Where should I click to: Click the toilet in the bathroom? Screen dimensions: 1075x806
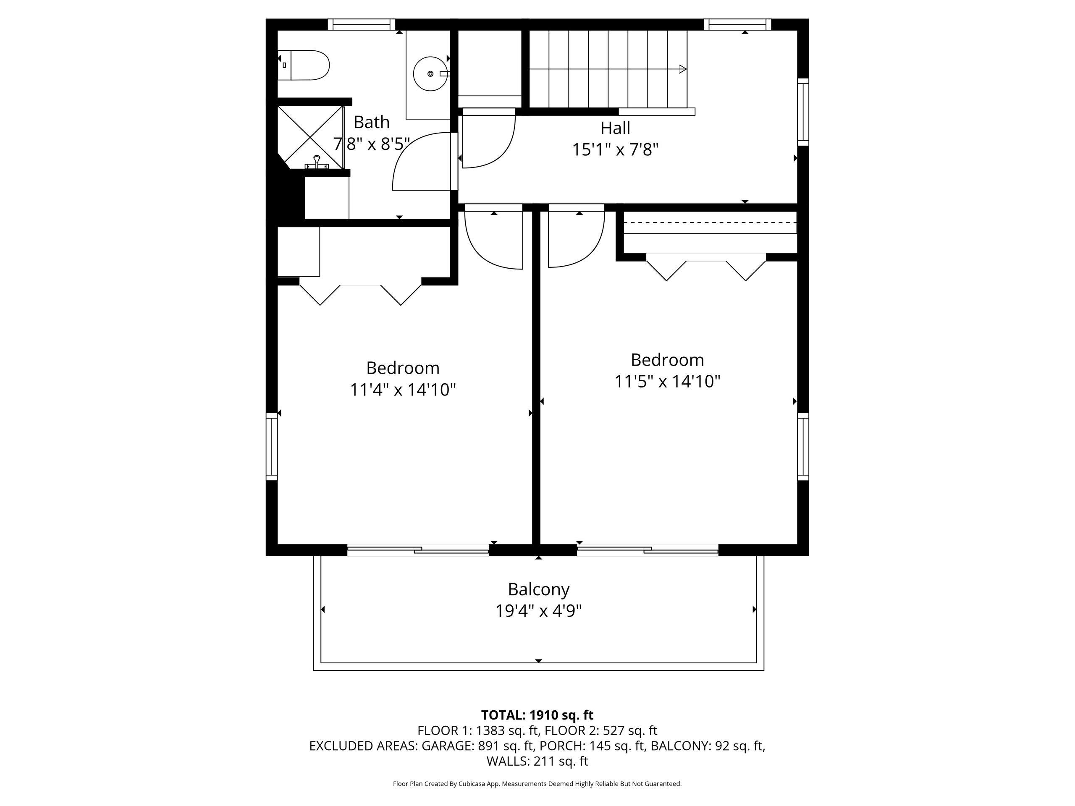[303, 65]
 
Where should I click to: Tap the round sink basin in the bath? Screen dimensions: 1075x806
[430, 73]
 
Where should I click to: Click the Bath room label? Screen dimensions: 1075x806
[371, 121]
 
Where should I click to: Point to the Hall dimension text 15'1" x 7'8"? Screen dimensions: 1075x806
[615, 149]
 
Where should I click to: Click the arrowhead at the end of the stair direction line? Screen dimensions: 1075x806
[683, 69]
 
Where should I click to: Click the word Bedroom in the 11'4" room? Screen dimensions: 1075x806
[403, 368]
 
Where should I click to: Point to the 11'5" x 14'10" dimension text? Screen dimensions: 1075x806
[667, 381]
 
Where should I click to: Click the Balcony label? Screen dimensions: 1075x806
[538, 589]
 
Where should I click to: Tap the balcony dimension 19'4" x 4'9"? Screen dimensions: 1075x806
[538, 611]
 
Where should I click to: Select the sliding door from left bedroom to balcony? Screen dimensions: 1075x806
[418, 550]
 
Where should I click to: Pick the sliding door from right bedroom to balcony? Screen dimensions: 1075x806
[648, 550]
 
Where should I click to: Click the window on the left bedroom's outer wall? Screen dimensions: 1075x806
[272, 447]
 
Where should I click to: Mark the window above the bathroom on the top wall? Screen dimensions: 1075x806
[361, 24]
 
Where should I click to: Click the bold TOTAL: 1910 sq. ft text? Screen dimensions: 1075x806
[537, 715]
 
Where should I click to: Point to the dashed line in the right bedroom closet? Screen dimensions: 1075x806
[710, 222]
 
